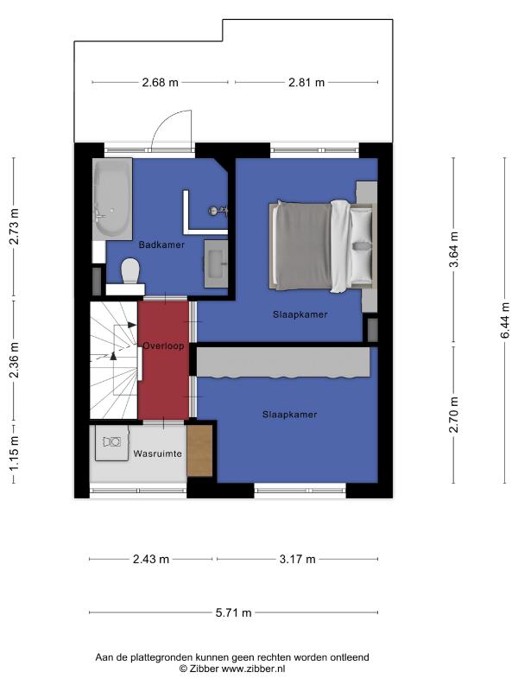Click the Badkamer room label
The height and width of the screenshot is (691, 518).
[161, 244]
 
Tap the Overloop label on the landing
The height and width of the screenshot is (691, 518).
[163, 346]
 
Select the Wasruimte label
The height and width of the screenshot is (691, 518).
[158, 453]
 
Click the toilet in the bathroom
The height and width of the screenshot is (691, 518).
[130, 271]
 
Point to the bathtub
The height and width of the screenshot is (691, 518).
[112, 200]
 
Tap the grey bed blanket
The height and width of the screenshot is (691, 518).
[301, 246]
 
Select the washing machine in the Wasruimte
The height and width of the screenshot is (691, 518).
[112, 442]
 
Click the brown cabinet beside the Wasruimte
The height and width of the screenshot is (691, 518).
[200, 451]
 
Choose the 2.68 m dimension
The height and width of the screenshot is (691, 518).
[160, 82]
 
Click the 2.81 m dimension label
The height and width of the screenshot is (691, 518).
[306, 82]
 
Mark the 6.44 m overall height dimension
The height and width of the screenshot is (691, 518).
[505, 320]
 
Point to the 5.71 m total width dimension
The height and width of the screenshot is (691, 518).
[233, 612]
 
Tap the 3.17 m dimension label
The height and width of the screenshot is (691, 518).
[298, 559]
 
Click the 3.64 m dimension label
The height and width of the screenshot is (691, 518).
[454, 250]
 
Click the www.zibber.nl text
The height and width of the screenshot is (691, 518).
[253, 669]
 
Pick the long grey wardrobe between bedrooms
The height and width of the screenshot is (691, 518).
[283, 362]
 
